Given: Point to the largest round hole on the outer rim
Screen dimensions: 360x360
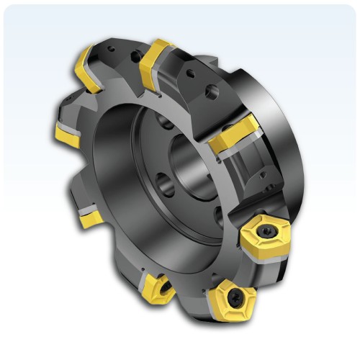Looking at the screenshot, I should click(211, 92).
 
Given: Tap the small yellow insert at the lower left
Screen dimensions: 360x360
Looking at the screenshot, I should click(90, 216).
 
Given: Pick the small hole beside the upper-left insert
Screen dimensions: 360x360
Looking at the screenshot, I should click(110, 51).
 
